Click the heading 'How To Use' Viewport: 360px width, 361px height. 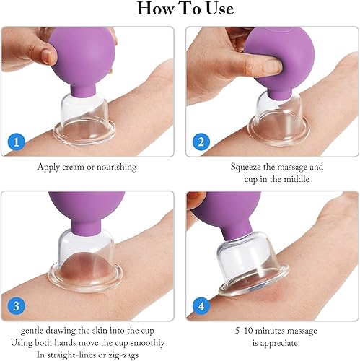[180, 9]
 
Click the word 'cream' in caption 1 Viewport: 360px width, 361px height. [85, 166]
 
